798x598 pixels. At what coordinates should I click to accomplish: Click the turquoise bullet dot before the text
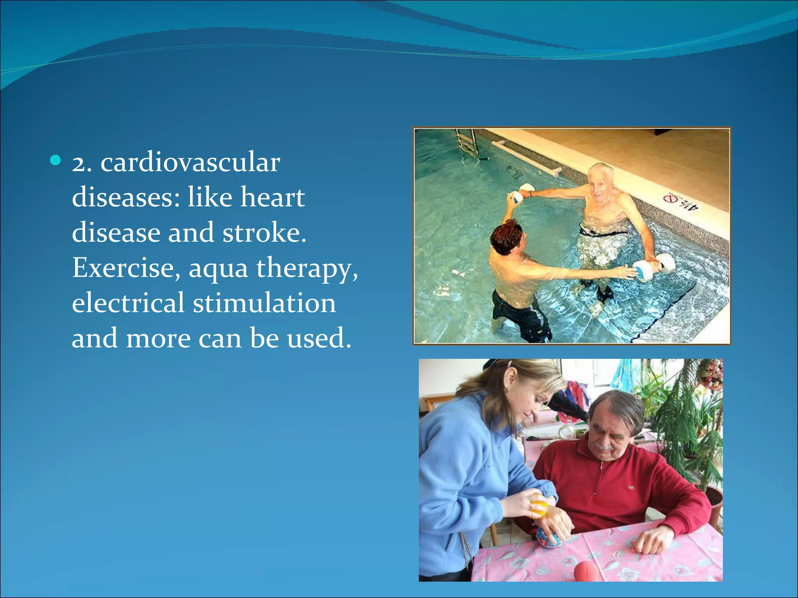[x=56, y=160]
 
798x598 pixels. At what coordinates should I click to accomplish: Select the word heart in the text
[x=272, y=197]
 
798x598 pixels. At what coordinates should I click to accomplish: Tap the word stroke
[x=264, y=232]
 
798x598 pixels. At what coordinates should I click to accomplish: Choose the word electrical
[x=128, y=303]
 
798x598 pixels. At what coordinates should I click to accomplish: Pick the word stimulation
[x=264, y=303]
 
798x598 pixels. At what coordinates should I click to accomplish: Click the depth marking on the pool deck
[x=681, y=202]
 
